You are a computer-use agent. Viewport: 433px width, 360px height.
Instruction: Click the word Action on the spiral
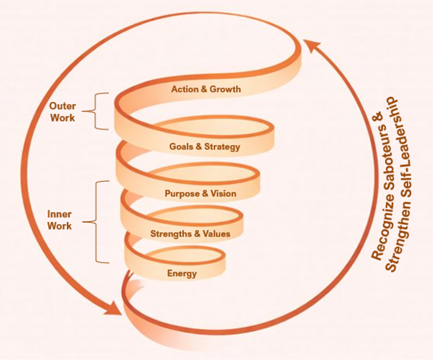click(x=185, y=89)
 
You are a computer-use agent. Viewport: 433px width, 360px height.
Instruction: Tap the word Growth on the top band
click(x=225, y=89)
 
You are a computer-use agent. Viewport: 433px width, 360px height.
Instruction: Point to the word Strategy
click(x=222, y=147)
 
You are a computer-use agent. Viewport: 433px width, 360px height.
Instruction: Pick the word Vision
click(x=223, y=193)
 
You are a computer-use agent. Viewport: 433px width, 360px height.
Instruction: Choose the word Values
click(x=217, y=234)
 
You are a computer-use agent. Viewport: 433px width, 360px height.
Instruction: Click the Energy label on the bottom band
click(x=182, y=273)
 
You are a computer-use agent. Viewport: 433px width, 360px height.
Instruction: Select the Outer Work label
click(x=63, y=112)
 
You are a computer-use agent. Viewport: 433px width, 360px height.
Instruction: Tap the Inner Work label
click(x=60, y=220)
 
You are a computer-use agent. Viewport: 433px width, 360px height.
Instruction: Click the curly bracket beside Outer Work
click(x=95, y=111)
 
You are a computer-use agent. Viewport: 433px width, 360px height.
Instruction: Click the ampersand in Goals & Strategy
click(x=199, y=146)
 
